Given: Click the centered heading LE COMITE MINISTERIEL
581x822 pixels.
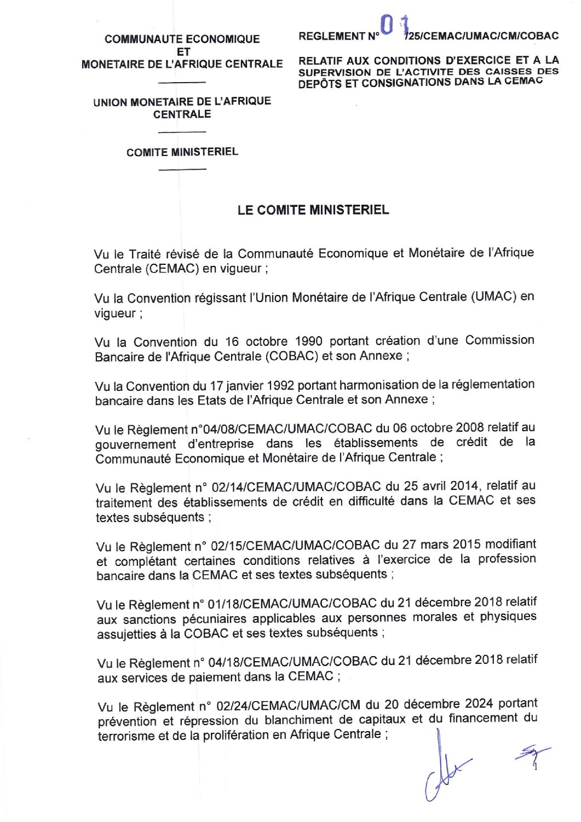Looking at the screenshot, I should [313, 210].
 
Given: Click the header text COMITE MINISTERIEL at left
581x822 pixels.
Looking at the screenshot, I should [182, 152].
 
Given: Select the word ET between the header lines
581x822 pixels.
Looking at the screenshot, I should [183, 51].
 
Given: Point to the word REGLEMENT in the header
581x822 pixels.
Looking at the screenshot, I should [332, 37].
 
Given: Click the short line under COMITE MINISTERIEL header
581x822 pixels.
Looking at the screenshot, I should [182, 169].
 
